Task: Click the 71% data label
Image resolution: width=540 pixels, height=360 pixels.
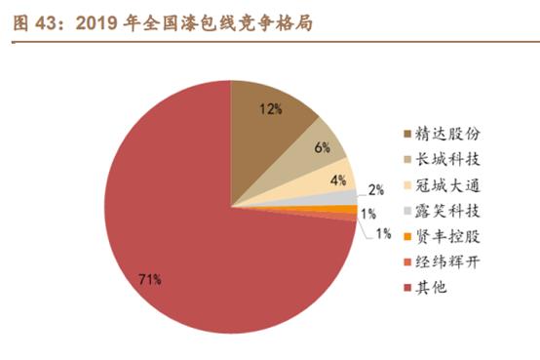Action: (149, 280)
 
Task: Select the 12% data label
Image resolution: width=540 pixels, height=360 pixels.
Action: (272, 109)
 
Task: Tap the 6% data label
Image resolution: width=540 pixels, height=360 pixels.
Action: (323, 147)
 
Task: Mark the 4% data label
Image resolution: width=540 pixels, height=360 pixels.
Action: (338, 180)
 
